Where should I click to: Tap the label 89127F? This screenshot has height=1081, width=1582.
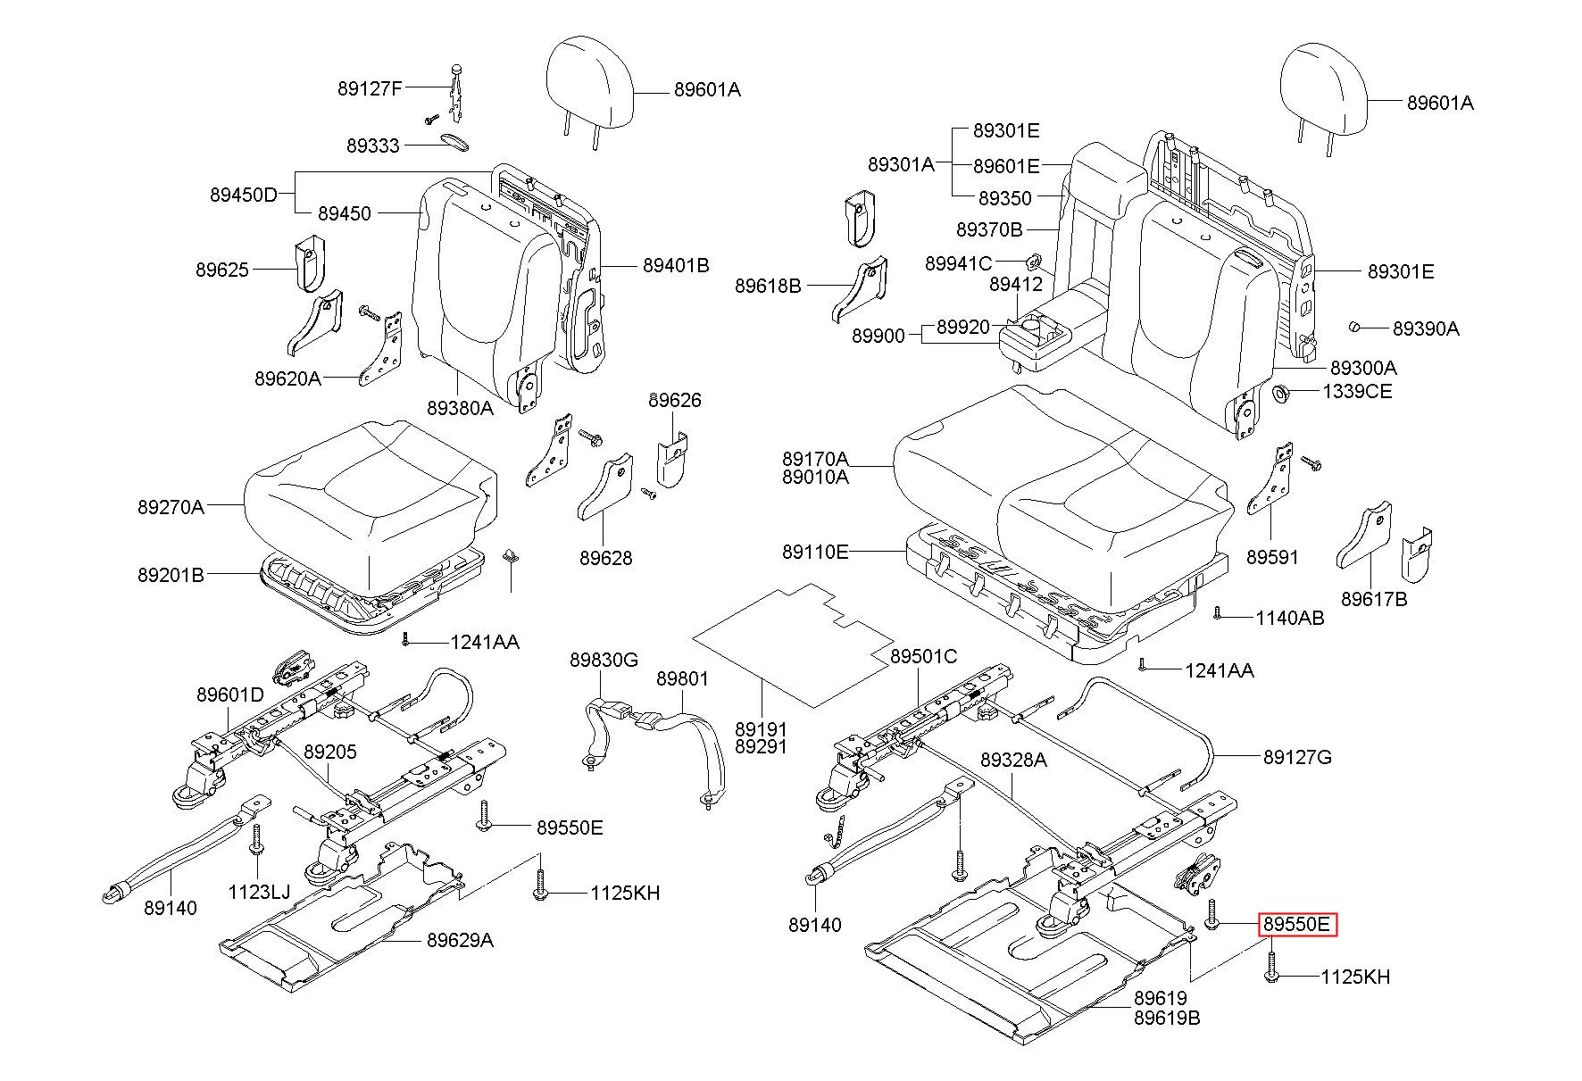(370, 88)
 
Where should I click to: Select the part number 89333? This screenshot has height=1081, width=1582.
(373, 146)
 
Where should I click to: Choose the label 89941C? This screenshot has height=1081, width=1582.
(958, 263)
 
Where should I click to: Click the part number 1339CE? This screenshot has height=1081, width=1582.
(1357, 391)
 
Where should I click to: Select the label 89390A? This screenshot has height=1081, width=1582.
(1426, 328)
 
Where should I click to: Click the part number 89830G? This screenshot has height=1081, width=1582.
(604, 660)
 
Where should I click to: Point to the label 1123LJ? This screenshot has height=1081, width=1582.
(259, 891)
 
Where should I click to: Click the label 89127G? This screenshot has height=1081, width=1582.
(1297, 757)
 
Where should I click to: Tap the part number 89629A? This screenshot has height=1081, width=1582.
(460, 940)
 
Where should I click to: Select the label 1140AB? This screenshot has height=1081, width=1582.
(1290, 618)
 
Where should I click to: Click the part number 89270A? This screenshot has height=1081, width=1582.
(171, 507)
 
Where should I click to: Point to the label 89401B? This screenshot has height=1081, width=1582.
(676, 265)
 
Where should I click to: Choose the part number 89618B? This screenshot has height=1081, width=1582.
(768, 286)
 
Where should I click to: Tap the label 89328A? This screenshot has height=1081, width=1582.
(1013, 760)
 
